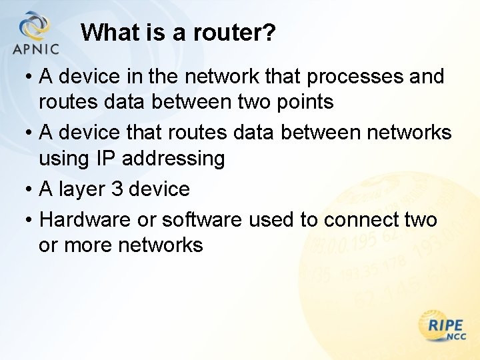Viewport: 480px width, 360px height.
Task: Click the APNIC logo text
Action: (x=36, y=49)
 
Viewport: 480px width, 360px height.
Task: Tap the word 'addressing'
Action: (x=175, y=159)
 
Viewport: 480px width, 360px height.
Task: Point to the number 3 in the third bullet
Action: (x=117, y=189)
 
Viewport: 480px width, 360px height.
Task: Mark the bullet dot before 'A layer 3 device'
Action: (x=30, y=190)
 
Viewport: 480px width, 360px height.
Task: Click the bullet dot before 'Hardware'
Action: (x=30, y=220)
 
